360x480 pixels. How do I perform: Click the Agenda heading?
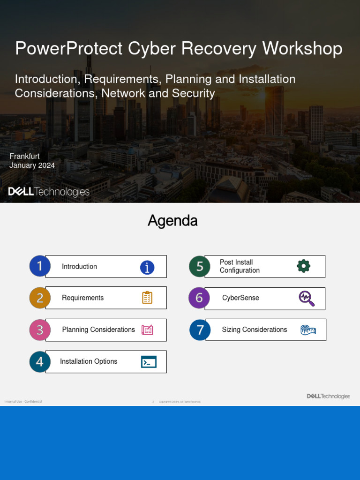tap(172, 221)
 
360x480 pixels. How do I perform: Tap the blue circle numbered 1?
tap(40, 266)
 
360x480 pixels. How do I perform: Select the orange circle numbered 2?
tap(40, 298)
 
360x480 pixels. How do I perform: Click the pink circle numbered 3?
tap(40, 330)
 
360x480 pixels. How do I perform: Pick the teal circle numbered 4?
tap(40, 362)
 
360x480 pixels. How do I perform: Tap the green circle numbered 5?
tap(200, 266)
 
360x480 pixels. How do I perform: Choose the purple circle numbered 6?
tap(199, 298)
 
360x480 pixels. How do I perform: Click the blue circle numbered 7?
tap(200, 330)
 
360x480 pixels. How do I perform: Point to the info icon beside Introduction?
tap(147, 268)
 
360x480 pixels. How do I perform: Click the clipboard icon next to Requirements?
tap(147, 298)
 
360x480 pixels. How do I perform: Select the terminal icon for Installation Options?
tap(149, 362)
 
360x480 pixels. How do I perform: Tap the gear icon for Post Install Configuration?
tap(304, 266)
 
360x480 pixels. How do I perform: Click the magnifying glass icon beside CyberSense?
tap(307, 299)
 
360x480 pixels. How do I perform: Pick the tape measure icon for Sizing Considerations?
tap(308, 330)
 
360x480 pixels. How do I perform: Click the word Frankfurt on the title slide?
tap(24, 156)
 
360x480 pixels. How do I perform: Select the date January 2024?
tap(32, 165)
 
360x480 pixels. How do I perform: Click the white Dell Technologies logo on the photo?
tap(49, 192)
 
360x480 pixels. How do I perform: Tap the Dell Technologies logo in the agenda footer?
tap(328, 396)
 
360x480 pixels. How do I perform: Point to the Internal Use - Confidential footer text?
tap(23, 402)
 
